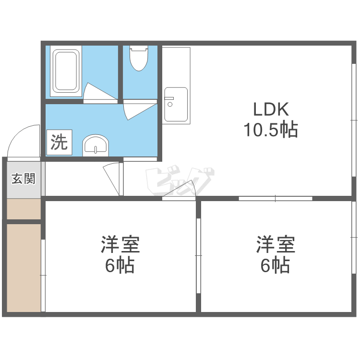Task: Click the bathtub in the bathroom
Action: coord(66,71)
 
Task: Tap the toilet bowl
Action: coord(139,58)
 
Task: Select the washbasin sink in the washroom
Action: coord(96,145)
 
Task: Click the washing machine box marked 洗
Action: coord(59,143)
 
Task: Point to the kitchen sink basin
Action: coord(176,104)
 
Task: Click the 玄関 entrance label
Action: coord(24,179)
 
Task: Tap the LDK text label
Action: coord(271,109)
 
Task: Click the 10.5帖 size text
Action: coord(271,130)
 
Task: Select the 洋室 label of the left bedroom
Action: coord(120,244)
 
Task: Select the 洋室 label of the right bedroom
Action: coord(276,244)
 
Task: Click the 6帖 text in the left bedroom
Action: coord(120,265)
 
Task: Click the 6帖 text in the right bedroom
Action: coord(275,265)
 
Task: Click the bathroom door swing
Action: coord(100,92)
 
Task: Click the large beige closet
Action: coord(24,268)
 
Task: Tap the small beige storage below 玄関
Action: coord(24,209)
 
